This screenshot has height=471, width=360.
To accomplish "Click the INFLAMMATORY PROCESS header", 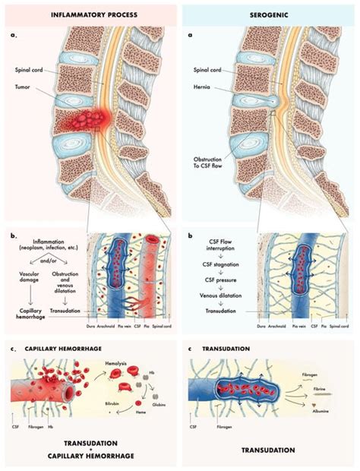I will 90,14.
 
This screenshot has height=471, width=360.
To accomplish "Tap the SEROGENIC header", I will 269,14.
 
